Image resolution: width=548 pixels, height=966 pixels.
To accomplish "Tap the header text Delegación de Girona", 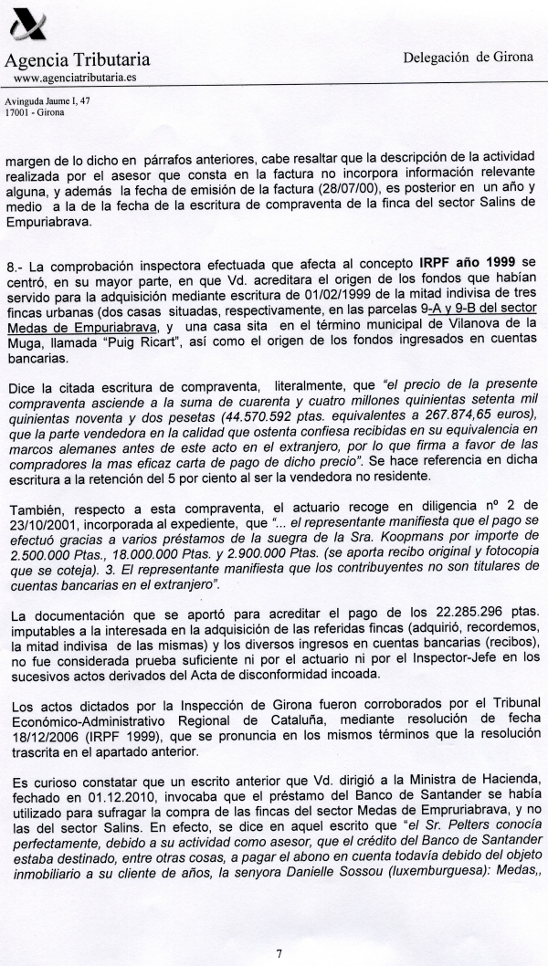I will [x=468, y=57].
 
